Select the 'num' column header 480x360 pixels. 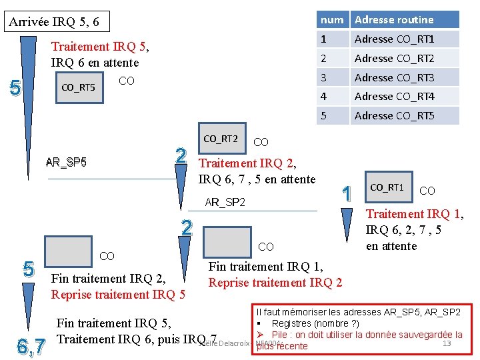332,19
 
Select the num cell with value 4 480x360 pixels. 332,96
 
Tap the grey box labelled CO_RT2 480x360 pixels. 221,139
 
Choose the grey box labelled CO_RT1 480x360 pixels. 387,188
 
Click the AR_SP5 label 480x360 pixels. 66,162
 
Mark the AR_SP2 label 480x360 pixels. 225,202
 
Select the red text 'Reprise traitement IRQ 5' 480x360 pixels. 118,295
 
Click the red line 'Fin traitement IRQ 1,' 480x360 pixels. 265,267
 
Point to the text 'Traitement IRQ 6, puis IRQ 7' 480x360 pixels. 137,339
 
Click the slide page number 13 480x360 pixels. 447,343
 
